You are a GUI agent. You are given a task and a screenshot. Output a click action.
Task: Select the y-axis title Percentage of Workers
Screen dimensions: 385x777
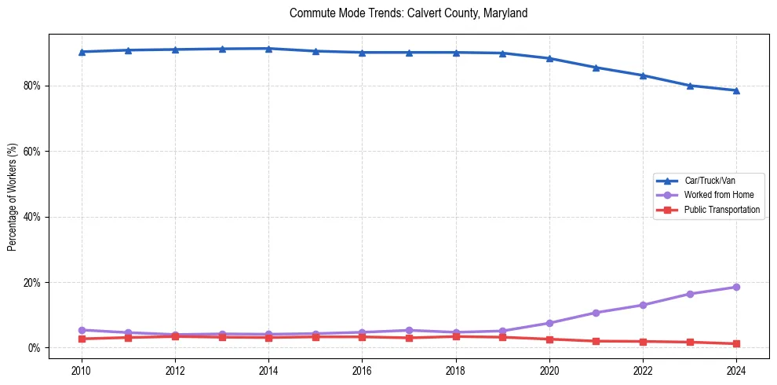click(x=12, y=197)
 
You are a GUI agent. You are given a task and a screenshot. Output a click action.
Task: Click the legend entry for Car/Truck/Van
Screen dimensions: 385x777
click(x=710, y=181)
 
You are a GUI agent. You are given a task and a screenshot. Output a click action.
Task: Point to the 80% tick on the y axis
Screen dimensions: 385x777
click(x=33, y=86)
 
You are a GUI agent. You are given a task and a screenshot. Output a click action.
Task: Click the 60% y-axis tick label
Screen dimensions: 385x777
click(x=33, y=151)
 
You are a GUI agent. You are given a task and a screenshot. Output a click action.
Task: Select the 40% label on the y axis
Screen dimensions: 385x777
click(x=33, y=217)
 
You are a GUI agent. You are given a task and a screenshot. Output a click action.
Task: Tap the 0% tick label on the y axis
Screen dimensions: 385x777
click(x=35, y=348)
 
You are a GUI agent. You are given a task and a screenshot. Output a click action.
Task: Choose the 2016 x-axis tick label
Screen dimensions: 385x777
click(x=362, y=370)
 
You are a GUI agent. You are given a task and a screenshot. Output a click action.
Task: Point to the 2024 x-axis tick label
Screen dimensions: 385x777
click(x=736, y=370)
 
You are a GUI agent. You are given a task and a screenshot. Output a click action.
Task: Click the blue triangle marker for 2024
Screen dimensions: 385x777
click(x=736, y=90)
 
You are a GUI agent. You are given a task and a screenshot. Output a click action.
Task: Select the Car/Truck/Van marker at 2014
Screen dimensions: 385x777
click(x=268, y=49)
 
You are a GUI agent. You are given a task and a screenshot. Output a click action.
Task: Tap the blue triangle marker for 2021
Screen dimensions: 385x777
click(x=596, y=68)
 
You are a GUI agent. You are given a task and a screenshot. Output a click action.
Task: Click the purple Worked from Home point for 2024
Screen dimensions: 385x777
click(x=736, y=287)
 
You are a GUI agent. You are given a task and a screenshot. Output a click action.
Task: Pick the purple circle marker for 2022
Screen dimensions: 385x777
click(x=643, y=305)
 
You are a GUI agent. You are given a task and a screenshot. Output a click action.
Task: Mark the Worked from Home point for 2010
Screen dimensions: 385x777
click(x=82, y=330)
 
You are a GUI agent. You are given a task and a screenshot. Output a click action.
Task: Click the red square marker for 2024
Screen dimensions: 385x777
click(x=736, y=343)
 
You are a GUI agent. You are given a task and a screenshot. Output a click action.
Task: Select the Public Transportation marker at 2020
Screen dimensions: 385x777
click(x=549, y=339)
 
